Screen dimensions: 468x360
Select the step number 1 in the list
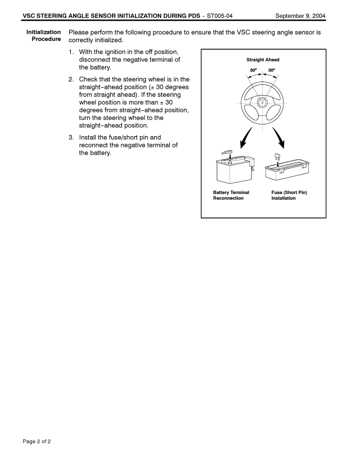71,52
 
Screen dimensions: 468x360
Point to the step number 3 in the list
71,137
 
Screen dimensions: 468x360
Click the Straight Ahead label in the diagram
263,60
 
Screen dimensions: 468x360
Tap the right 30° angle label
272,71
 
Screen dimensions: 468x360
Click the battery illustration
235,169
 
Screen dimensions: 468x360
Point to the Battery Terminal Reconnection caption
231,195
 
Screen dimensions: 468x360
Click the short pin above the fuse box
277,157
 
